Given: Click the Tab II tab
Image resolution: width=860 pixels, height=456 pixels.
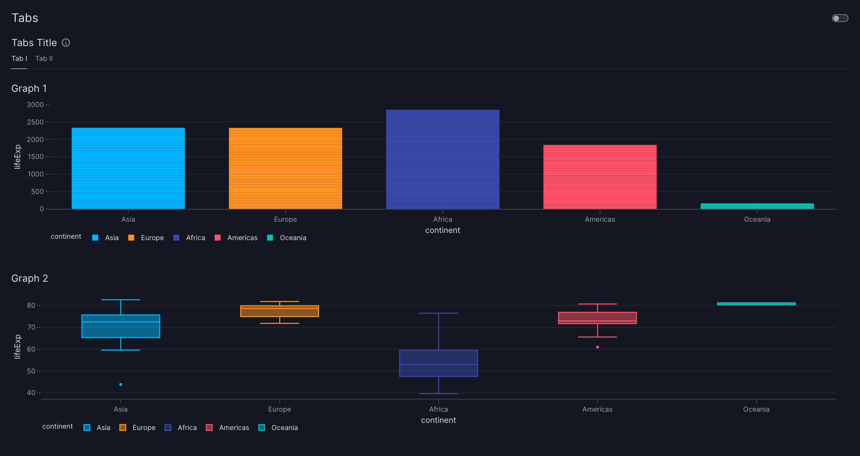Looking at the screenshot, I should click(x=44, y=59).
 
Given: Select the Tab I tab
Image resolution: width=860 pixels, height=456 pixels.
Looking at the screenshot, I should click(x=19, y=59).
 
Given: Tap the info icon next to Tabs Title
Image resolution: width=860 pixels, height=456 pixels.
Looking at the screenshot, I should click(x=66, y=43).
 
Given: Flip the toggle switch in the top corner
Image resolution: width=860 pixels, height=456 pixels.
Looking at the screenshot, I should click(x=840, y=18).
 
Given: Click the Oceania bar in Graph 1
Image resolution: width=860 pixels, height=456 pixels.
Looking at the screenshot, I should click(x=757, y=206).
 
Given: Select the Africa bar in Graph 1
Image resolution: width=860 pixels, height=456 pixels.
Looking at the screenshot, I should click(x=442, y=159).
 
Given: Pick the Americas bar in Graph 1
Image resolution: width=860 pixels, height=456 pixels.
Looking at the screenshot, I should click(x=600, y=177).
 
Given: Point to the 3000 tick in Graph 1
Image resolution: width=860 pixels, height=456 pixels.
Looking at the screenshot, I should click(x=35, y=105).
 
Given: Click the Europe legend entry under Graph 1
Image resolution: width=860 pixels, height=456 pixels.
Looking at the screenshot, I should click(x=146, y=238).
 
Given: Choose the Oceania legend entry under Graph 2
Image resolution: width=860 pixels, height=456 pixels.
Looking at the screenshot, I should click(x=278, y=428).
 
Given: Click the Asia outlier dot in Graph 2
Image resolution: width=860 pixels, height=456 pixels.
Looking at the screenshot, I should click(x=121, y=384).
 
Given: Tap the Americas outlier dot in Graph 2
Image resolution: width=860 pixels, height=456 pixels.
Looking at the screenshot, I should click(x=597, y=347).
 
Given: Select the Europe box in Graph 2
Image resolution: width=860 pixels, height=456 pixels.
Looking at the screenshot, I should click(x=279, y=311).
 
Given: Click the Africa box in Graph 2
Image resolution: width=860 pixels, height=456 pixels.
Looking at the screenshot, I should click(x=438, y=363).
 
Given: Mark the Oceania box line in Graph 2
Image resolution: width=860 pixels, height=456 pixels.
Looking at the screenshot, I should click(x=756, y=304).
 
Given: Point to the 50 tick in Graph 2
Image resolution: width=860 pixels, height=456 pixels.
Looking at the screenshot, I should click(x=31, y=371).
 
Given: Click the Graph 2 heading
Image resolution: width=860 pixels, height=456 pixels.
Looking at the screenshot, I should click(x=30, y=279).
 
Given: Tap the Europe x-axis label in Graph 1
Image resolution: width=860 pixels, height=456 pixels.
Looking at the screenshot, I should click(x=285, y=219).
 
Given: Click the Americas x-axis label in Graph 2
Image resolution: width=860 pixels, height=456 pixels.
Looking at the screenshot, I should click(x=597, y=409).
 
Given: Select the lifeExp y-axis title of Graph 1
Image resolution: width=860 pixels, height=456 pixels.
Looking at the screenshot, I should click(x=17, y=157).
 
